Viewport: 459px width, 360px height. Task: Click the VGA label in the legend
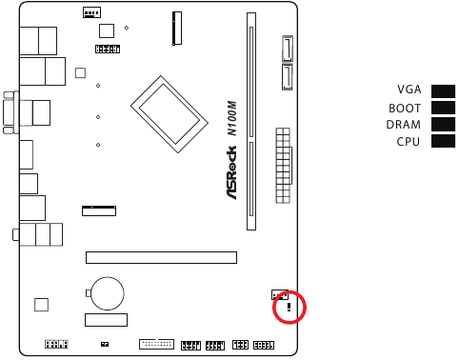point(409,90)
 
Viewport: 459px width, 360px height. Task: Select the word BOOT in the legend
point(406,108)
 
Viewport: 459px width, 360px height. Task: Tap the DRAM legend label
point(404,125)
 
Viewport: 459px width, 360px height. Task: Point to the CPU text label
point(409,142)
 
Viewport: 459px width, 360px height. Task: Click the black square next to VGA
point(443,90)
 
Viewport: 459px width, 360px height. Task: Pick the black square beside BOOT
point(443,108)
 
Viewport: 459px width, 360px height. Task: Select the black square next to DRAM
point(443,125)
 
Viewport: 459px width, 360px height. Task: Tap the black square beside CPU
point(443,142)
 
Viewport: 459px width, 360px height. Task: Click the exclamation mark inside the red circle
point(289,309)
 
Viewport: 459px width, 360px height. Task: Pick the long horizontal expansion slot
point(161,256)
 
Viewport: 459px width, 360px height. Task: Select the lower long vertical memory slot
point(251,185)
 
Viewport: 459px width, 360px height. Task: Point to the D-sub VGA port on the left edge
point(11,113)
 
